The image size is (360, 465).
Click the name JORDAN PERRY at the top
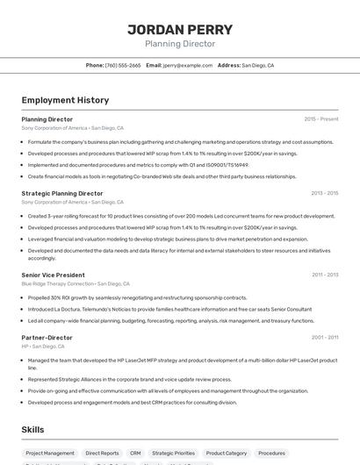tap(179, 28)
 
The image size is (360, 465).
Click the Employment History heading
tap(65, 100)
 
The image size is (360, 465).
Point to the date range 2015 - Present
tap(320, 118)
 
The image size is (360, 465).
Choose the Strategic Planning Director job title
tap(62, 193)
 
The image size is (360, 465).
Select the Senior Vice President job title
tap(54, 275)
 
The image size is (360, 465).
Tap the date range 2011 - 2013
tap(325, 275)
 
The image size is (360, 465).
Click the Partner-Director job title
tap(47, 337)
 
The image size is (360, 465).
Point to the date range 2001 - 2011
tap(325, 337)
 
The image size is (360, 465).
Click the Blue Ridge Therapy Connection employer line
tap(76, 284)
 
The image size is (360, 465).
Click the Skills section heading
tap(33, 429)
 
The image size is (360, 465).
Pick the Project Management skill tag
tap(49, 454)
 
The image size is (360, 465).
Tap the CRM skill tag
tap(135, 454)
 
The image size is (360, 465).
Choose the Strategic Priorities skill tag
tap(173, 454)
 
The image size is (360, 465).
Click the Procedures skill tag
tap(271, 454)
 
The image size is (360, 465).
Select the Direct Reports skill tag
tap(102, 454)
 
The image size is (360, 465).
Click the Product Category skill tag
tap(226, 454)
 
